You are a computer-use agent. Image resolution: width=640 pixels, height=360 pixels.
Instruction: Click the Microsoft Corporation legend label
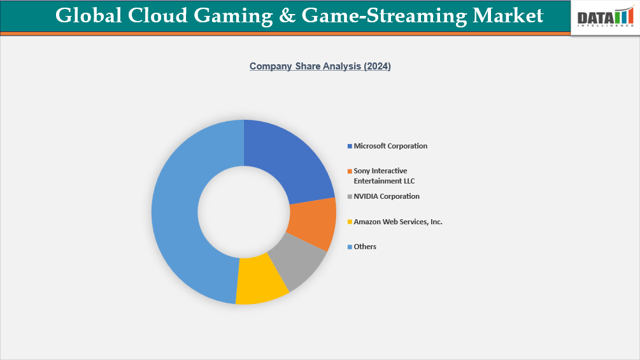pos(390,146)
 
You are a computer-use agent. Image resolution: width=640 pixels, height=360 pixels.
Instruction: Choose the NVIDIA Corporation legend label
pos(387,196)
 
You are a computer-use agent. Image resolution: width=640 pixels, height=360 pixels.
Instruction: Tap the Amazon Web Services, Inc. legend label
pos(398,222)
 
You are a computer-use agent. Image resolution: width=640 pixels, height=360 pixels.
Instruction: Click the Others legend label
pos(365,247)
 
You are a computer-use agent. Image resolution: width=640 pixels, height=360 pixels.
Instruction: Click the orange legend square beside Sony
pos(350,171)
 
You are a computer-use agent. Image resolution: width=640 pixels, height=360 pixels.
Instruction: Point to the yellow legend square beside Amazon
pos(350,222)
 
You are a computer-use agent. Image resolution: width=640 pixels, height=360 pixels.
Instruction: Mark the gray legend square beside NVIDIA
pos(350,197)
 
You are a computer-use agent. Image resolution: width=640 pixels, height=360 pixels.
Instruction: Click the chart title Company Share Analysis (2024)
pos(320,66)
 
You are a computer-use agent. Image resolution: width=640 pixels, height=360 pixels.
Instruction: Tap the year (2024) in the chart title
pos(377,66)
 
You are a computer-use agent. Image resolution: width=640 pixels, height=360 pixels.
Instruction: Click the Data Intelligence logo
pos(605,17)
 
